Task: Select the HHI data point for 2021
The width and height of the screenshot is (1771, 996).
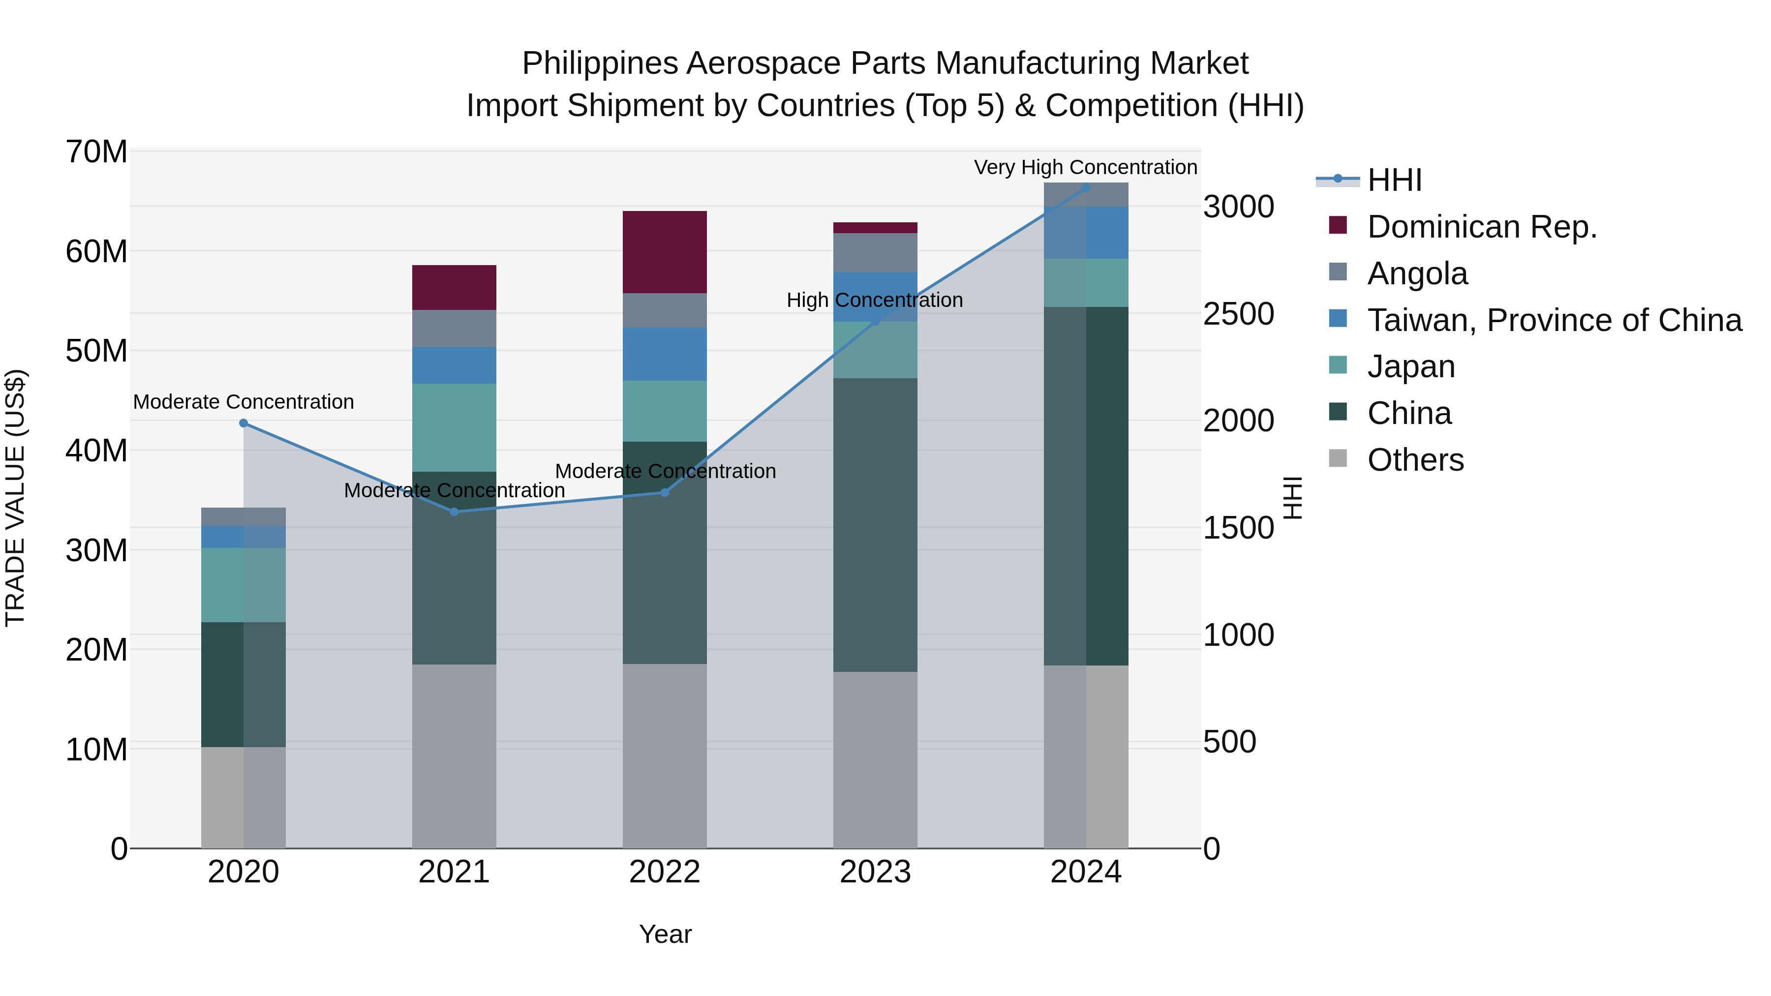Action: point(454,512)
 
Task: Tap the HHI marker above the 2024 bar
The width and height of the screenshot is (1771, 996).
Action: point(1086,188)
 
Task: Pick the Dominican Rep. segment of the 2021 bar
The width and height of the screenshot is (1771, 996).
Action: point(454,287)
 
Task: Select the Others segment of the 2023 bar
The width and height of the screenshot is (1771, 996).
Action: point(875,759)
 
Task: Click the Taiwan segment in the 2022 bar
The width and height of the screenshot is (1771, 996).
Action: point(665,354)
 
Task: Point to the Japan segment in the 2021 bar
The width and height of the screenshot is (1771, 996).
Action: point(454,427)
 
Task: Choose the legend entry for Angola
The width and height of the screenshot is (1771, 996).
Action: point(1417,273)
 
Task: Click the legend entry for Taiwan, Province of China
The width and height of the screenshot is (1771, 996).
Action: point(1554,320)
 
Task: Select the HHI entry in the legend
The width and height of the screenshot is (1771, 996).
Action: point(1394,180)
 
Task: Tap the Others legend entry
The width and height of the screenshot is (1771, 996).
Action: point(1415,460)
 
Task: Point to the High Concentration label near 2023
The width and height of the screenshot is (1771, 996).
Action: point(875,301)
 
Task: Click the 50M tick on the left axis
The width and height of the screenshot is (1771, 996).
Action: point(96,351)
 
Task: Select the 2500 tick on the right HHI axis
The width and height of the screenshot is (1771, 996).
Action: point(1238,314)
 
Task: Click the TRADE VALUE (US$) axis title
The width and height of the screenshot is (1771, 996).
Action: point(15,498)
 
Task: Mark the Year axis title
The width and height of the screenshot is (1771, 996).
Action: point(665,934)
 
